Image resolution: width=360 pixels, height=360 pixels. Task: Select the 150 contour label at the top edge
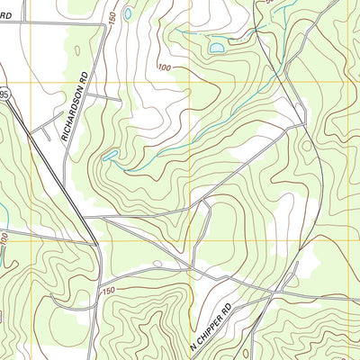coord(112,18)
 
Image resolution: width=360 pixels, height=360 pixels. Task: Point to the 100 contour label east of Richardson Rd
coord(164,67)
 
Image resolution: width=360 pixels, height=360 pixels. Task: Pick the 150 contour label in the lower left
coord(109,291)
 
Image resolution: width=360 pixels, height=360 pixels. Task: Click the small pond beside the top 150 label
coord(128,14)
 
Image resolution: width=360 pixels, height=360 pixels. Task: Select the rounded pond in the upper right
coord(217,47)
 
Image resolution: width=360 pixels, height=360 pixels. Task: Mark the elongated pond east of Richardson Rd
coord(109,156)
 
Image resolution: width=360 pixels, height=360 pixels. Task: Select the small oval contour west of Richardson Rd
coord(76,51)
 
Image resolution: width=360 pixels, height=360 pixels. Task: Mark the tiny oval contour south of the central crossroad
coord(157,264)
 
